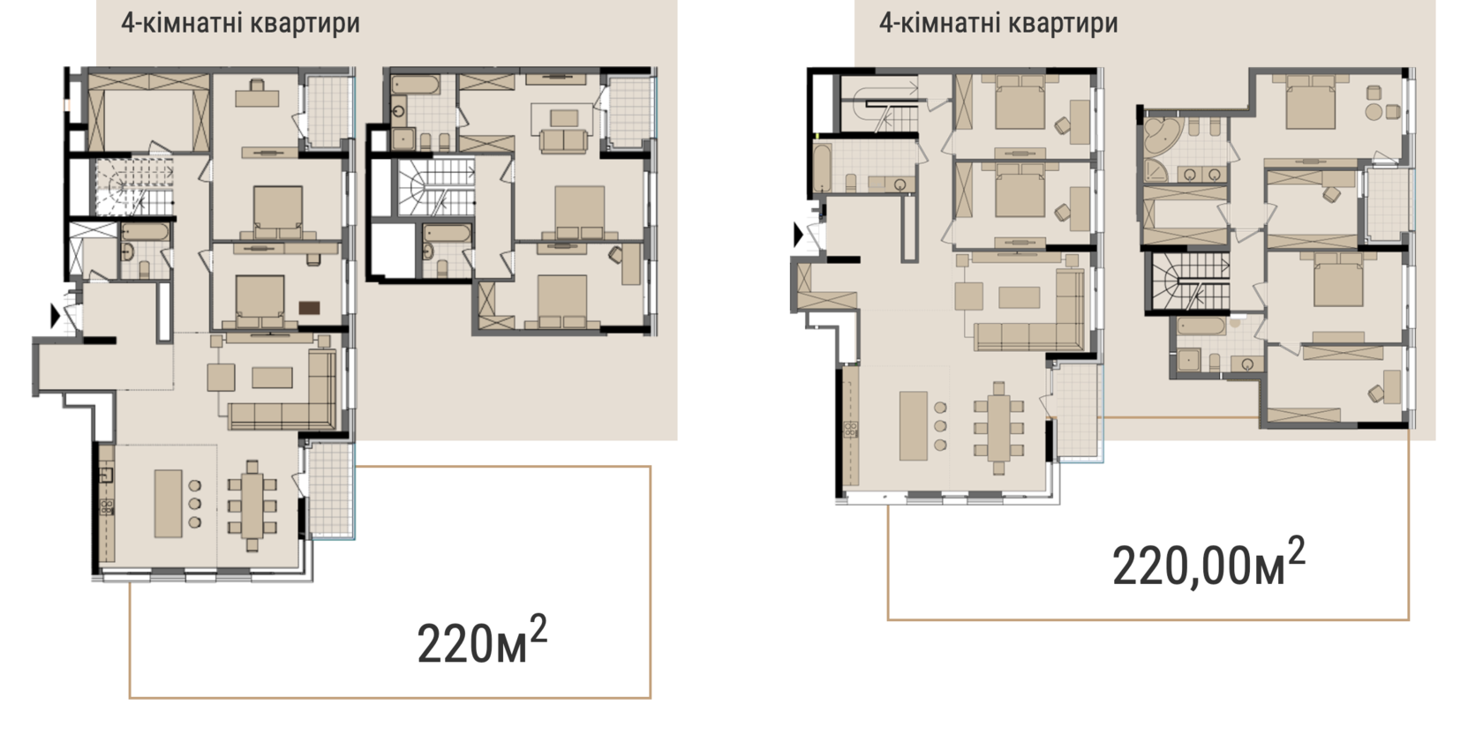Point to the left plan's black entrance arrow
(56, 317)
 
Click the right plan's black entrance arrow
(798, 235)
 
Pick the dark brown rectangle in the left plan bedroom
(309, 308)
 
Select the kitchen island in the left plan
(168, 503)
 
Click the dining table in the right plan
(998, 428)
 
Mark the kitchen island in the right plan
(914, 425)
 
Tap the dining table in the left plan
(252, 506)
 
